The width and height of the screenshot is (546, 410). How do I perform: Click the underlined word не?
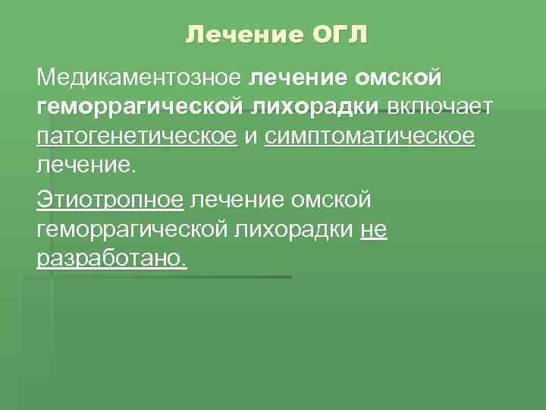pos(374,230)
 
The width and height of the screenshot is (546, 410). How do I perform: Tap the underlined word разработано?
pos(111,259)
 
